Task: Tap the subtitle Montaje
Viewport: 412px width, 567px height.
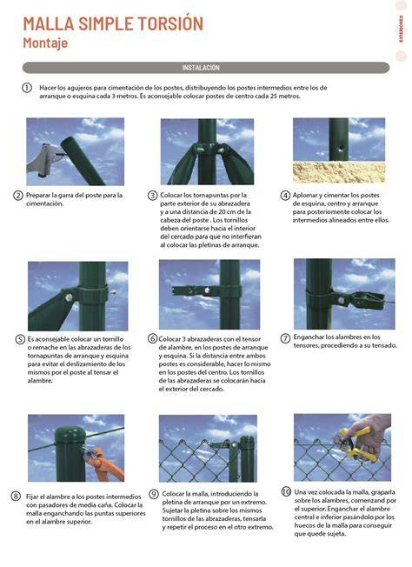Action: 45,43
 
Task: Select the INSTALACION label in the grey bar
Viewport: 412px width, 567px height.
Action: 201,68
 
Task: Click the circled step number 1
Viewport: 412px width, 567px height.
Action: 27,88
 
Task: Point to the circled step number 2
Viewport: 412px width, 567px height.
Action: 18,196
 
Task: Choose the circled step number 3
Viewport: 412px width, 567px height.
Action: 152,196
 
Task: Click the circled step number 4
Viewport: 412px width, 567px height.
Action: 285,196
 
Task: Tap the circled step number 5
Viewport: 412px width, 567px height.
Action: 20,339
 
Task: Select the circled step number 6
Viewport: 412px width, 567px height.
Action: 153,339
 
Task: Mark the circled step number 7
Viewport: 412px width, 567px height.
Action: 285,338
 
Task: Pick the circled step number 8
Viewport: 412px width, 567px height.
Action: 16,496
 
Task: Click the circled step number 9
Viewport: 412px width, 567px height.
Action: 154,494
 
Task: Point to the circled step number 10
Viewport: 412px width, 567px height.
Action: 286,492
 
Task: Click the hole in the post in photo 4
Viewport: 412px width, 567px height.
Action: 339,148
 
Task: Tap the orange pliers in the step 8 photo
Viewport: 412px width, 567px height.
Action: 103,462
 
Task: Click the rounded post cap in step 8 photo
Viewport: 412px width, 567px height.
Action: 70,435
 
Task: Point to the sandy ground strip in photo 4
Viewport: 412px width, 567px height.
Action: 339,172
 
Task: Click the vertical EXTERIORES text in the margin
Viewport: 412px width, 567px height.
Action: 402,29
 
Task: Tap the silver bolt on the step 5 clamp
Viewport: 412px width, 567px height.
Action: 69,297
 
